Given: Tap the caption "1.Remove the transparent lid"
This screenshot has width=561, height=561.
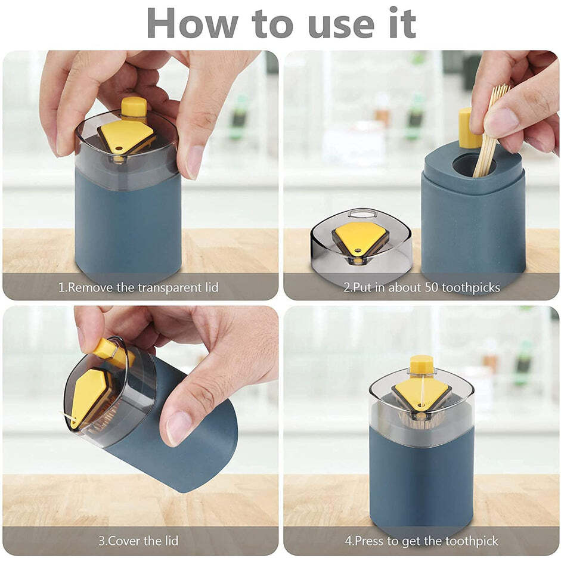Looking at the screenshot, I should coord(138,287).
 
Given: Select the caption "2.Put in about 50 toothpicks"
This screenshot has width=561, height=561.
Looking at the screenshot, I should coord(421,287).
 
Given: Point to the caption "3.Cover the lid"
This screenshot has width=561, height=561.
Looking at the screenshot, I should coord(138,541).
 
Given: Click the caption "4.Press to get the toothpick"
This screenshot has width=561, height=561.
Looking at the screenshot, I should coord(421,541).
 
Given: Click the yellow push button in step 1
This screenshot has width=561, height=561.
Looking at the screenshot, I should coord(134,107).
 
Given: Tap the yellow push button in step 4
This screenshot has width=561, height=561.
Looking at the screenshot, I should coord(421,364).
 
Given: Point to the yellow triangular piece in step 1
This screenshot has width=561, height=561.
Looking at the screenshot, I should coord(126,136).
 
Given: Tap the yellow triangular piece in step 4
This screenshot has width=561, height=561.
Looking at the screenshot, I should coord(421,393).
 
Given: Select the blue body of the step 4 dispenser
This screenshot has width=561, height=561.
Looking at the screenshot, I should coord(421,477).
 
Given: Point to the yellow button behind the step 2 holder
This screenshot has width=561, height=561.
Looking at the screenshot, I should coord(468,128).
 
